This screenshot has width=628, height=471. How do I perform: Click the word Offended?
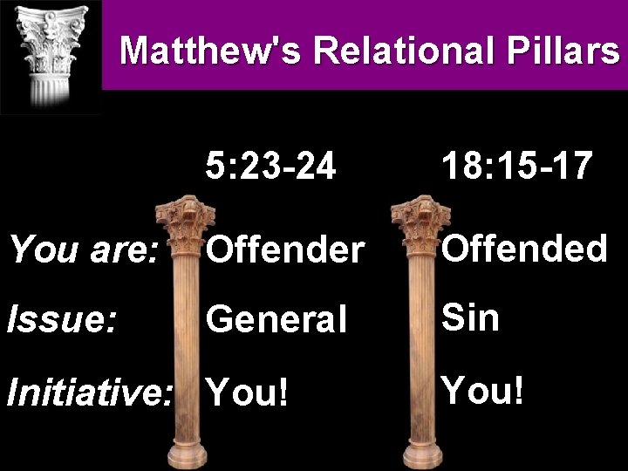click(523, 249)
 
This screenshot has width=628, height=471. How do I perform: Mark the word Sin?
click(471, 317)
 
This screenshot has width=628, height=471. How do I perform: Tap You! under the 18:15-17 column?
click(483, 390)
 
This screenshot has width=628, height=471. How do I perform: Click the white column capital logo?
click(50, 52)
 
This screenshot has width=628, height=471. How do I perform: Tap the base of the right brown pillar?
click(420, 454)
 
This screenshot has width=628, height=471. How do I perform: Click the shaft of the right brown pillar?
click(420, 349)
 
